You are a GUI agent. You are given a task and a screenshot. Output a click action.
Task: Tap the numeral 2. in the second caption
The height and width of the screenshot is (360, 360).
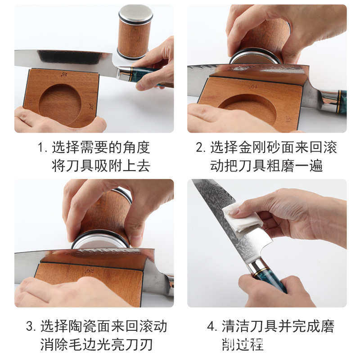[201, 147]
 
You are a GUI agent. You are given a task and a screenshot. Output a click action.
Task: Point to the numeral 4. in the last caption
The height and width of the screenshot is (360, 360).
[212, 326]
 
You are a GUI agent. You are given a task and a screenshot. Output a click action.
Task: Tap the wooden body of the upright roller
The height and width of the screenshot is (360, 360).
[135, 38]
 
